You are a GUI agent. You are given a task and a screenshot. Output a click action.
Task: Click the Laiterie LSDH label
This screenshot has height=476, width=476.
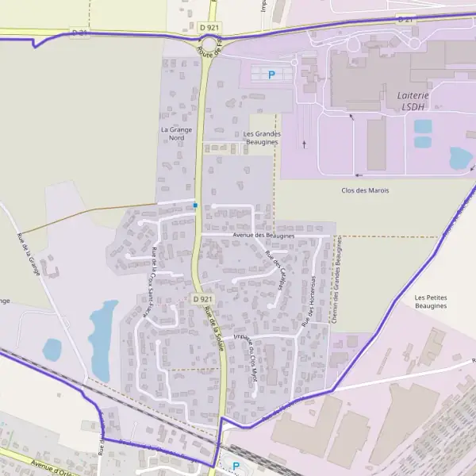413,101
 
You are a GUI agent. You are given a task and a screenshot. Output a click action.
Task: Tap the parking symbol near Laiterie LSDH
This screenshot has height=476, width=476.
271,75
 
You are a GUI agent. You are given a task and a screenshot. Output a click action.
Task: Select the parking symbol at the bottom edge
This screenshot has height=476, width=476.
236,466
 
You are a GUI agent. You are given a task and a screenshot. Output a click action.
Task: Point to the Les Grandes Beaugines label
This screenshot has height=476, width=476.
262,139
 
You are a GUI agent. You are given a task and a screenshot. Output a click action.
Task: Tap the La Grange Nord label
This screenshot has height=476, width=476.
172,133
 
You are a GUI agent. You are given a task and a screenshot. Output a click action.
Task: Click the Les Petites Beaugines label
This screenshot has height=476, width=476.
431,301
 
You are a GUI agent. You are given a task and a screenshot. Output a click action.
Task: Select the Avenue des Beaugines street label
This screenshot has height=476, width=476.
264,236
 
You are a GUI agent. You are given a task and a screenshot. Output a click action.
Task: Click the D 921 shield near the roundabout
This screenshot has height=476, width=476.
210,27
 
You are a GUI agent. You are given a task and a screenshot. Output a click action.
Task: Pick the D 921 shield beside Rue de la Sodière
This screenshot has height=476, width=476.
202,299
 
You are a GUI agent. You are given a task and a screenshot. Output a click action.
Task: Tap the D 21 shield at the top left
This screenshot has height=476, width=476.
80,33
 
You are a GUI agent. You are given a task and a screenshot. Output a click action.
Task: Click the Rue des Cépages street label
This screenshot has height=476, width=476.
276,271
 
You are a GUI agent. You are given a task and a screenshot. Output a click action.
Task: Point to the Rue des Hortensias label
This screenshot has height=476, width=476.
308,301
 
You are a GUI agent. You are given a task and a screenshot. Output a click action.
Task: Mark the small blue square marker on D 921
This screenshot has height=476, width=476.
195,205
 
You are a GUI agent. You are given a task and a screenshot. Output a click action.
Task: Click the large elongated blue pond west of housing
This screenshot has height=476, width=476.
102,337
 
